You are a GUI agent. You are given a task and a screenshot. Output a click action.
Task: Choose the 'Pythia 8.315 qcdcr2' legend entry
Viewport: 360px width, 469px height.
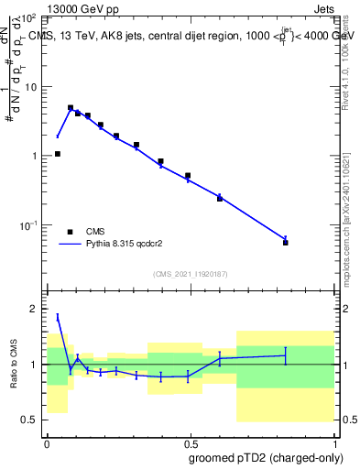(111, 245)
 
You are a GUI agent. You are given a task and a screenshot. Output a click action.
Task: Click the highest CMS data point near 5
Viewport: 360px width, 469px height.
(71, 108)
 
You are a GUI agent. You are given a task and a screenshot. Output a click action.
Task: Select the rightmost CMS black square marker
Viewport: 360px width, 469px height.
(286, 243)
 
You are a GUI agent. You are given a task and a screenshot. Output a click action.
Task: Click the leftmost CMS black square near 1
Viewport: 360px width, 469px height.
(58, 154)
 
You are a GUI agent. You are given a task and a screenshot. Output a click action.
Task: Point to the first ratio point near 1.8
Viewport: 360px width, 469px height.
(58, 317)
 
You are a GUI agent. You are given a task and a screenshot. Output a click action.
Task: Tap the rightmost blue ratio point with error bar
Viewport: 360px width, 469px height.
(286, 355)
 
